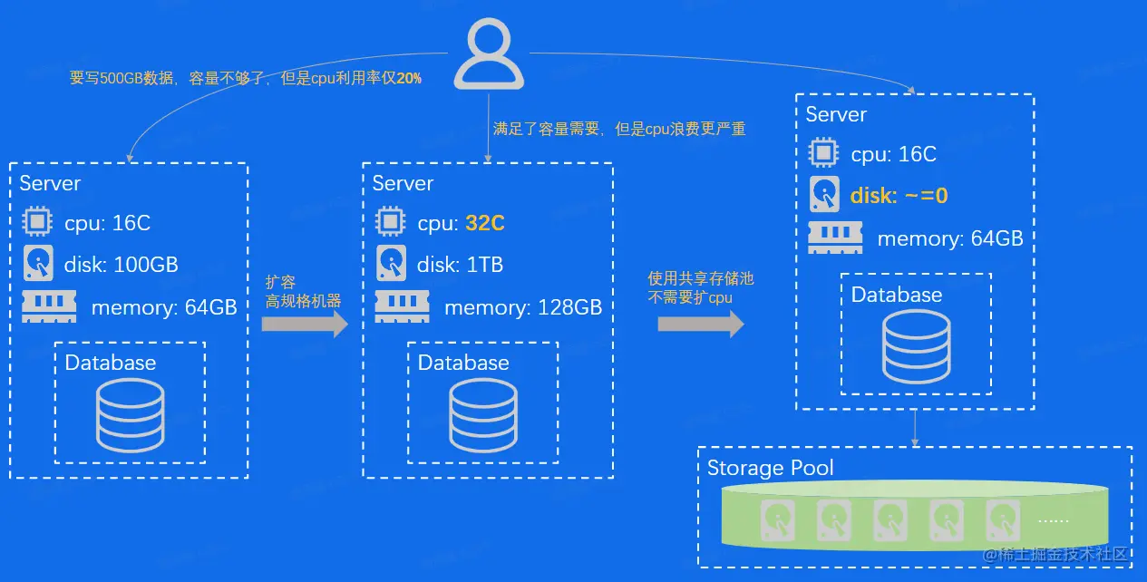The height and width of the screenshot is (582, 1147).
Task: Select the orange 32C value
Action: click(484, 223)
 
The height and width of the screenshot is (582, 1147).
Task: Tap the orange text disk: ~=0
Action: click(899, 195)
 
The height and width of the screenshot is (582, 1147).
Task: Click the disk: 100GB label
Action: click(121, 265)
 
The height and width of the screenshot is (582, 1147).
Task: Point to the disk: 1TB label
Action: click(460, 265)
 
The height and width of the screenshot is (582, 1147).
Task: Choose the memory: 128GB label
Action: click(522, 307)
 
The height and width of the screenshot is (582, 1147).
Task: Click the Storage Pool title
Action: click(770, 468)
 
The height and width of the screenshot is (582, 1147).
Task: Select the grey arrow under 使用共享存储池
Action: click(700, 324)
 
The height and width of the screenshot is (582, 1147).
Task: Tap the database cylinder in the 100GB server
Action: click(131, 414)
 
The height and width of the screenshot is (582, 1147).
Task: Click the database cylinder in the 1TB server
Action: click(483, 414)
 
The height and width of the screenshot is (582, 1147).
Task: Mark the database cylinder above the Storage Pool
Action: click(916, 347)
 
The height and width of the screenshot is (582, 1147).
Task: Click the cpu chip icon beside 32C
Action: click(390, 222)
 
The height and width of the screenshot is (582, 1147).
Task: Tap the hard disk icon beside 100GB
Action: click(38, 265)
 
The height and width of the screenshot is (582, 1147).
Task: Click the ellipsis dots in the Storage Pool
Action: click(1053, 520)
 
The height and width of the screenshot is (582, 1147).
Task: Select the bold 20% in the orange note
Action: click(409, 79)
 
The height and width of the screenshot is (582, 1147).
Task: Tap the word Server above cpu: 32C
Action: click(403, 183)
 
